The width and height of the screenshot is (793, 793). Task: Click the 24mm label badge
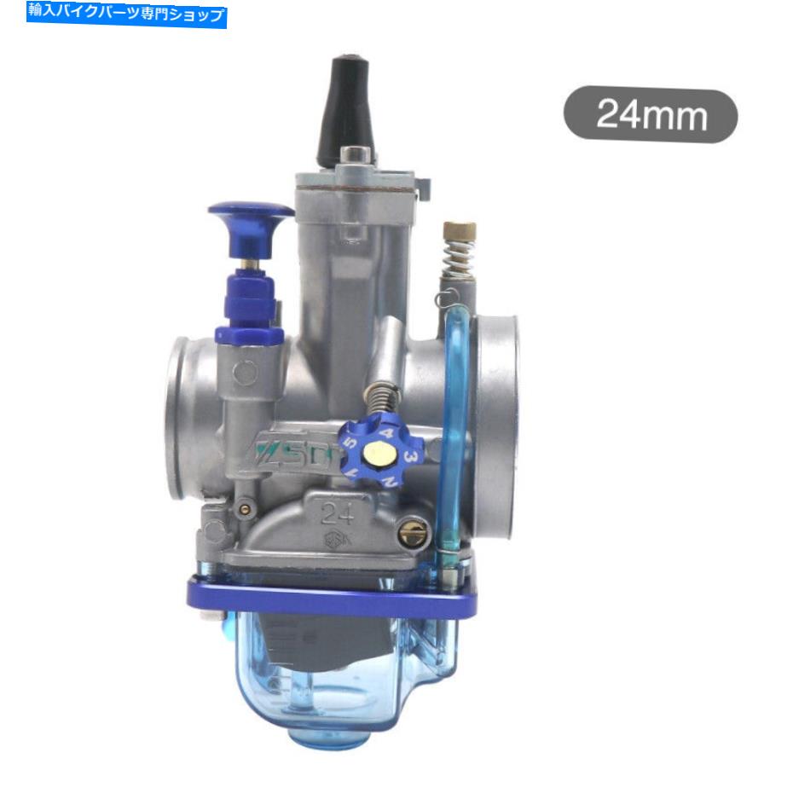(650, 115)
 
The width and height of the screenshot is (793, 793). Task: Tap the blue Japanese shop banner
(127, 14)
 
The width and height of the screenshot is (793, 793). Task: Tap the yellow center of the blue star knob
(375, 452)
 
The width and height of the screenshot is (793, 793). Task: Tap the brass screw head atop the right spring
(459, 231)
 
